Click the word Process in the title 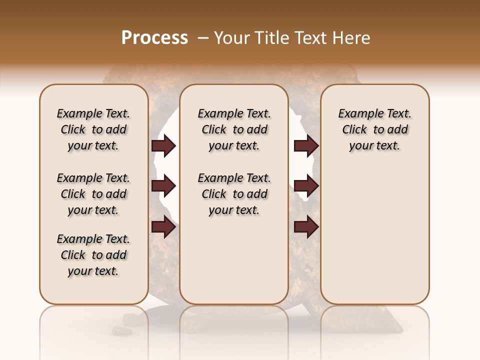[x=154, y=38]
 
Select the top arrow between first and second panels [x=163, y=146]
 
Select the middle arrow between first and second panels [x=163, y=186]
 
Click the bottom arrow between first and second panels [x=163, y=227]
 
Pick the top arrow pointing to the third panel [x=306, y=146]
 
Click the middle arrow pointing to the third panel [x=306, y=186]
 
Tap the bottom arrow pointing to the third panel [x=306, y=227]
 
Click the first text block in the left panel [x=93, y=129]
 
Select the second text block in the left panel [x=93, y=194]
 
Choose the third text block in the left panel [x=93, y=255]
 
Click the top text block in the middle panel [x=234, y=129]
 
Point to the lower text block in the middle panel [x=234, y=194]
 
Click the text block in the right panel [x=374, y=129]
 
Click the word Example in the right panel [x=357, y=114]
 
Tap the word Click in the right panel [x=354, y=130]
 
